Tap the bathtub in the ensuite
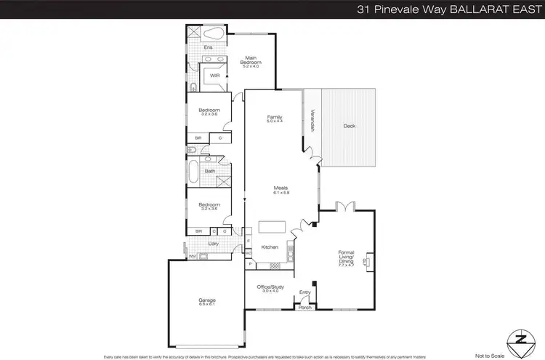pos(214,34)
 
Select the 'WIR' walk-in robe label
pos(215,75)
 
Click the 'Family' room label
pos(274,119)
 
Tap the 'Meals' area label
pos(280,190)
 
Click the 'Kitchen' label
pos(270,247)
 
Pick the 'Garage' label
pos(208,300)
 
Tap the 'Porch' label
pos(305,308)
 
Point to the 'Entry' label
pos(305,293)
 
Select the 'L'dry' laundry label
pos(214,243)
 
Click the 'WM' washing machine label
pos(193,256)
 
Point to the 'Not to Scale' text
pos(489,356)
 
